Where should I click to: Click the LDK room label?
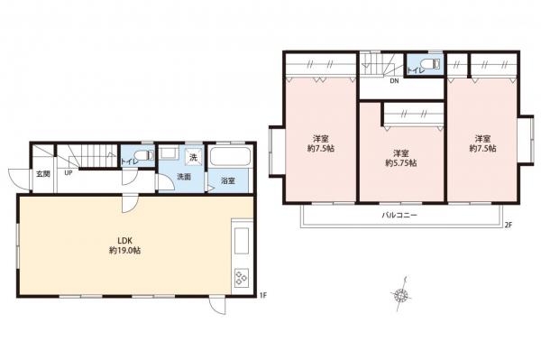coord(124,241)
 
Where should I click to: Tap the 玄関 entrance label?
coord(43,174)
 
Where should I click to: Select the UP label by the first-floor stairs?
coord(69,172)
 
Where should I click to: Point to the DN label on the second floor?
coord(394,81)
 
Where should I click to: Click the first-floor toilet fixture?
coord(144,155)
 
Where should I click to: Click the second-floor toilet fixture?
coord(430,64)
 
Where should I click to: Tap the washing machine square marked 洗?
coord(193,157)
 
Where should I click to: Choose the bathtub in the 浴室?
coord(229,157)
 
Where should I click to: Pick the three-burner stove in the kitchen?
coord(241,277)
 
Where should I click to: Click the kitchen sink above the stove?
coord(242,241)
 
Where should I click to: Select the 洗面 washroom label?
coord(184,177)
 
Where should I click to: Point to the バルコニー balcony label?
coord(399,215)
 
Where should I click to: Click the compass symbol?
coord(401,294)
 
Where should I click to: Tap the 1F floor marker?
coord(263,295)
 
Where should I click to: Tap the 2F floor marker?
coord(509,225)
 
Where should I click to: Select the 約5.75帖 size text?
coord(401,162)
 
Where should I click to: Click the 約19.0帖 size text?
coord(124,251)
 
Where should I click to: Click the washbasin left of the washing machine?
coord(169,152)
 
